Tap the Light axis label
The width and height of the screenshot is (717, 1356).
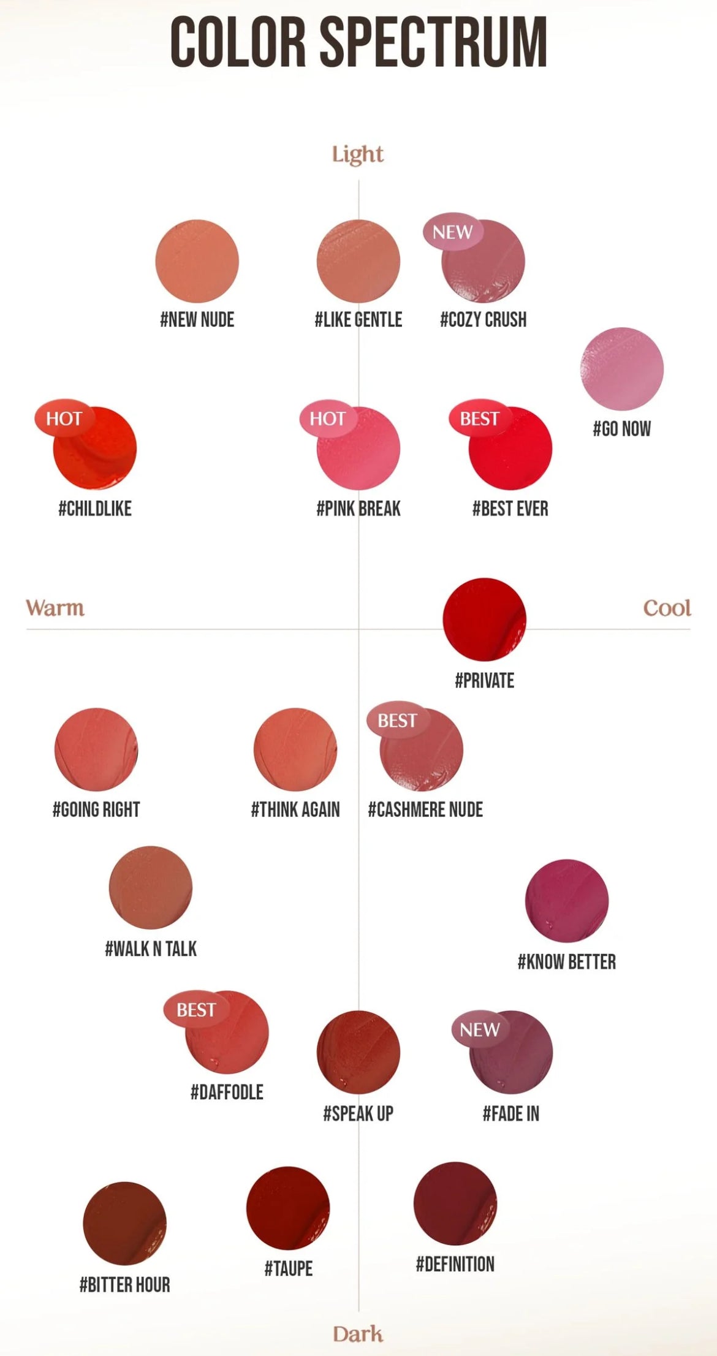358,154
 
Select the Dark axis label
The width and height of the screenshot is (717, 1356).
358,1333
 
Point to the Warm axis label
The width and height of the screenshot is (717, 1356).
55,608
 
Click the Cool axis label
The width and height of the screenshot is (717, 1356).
667,608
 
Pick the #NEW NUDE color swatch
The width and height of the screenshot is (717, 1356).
197,261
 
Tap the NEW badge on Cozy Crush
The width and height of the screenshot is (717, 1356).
453,232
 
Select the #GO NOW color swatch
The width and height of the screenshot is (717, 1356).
622,369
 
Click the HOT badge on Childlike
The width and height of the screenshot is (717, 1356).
64,419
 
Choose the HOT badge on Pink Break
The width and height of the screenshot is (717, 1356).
328,419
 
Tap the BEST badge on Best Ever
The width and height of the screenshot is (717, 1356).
480,419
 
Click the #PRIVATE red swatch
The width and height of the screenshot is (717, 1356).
484,619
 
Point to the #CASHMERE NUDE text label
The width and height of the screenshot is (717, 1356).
425,809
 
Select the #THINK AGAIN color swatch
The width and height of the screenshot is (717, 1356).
295,749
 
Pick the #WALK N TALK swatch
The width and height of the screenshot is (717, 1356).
151,887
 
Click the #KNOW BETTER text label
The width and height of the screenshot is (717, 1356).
567,962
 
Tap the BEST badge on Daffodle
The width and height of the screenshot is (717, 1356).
196,1009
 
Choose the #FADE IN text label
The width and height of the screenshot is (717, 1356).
511,1113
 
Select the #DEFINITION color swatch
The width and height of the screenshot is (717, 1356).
455,1203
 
